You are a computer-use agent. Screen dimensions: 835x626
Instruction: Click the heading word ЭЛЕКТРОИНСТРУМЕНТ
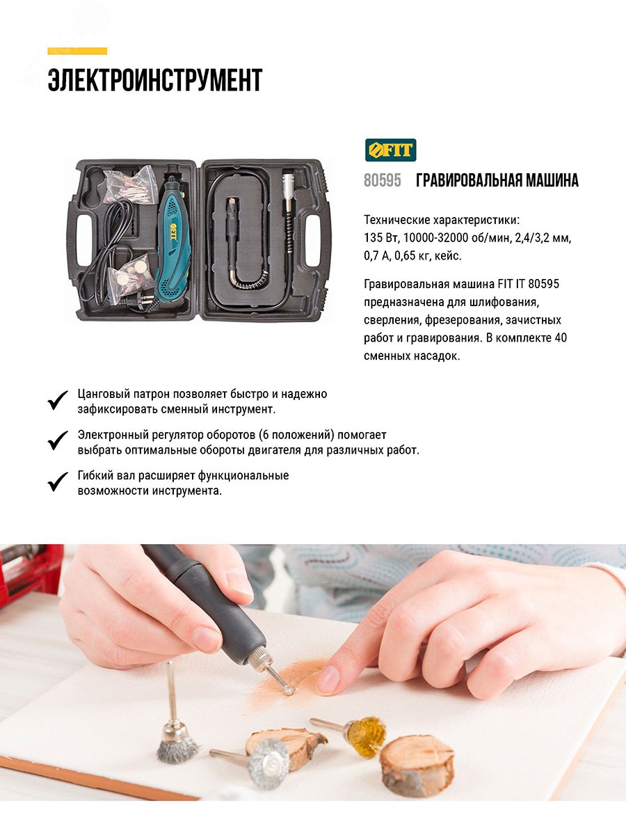click(x=154, y=81)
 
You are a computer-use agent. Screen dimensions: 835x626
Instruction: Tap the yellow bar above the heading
click(x=77, y=51)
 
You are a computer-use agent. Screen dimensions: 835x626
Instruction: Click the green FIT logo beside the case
click(x=390, y=150)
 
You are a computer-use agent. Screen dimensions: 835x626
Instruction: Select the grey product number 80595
click(x=383, y=181)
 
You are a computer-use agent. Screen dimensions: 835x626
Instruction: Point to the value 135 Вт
click(x=380, y=238)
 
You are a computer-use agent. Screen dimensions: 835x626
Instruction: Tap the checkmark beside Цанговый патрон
click(x=58, y=401)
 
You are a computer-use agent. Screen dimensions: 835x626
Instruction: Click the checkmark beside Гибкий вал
click(x=58, y=482)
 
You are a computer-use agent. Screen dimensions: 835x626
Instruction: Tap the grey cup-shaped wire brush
click(x=176, y=743)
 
